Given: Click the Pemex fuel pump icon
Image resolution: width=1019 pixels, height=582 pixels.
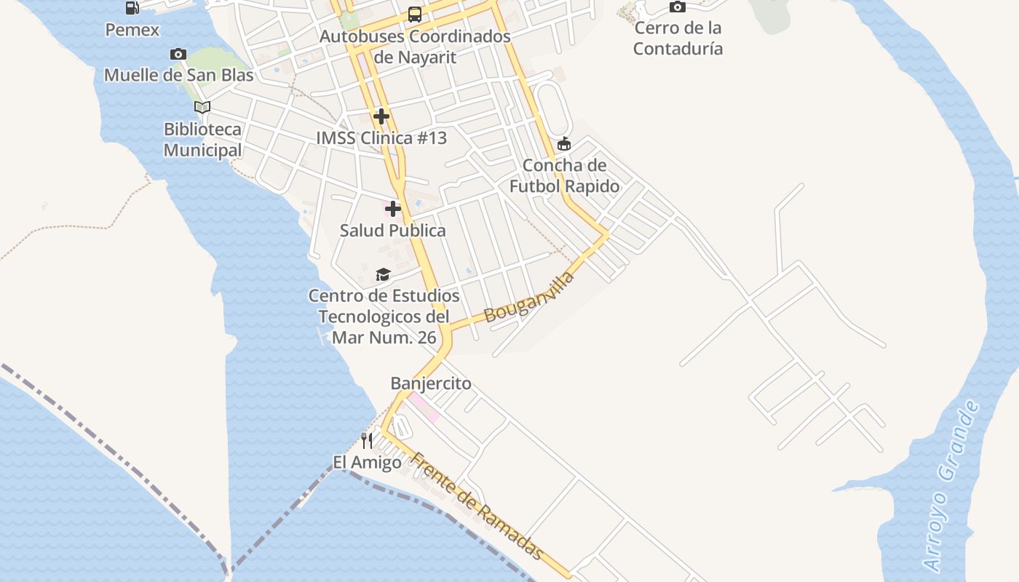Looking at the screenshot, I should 132,8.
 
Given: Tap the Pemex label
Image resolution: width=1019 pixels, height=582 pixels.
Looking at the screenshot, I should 132,30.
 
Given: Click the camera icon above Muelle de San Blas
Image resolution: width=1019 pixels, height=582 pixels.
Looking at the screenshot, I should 178,54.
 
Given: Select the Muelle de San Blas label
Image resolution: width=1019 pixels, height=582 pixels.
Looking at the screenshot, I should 179,75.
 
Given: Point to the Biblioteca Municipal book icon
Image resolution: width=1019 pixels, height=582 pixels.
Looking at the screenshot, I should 202,107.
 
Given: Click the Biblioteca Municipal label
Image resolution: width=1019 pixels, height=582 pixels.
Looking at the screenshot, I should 202,140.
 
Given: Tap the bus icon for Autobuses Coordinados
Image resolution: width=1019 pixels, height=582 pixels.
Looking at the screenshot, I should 414,15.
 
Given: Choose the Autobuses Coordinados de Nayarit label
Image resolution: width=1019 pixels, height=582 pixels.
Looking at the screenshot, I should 415,46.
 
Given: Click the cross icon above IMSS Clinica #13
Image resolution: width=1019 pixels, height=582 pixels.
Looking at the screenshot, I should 381,116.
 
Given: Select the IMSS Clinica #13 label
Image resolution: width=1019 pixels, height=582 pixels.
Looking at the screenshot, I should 381,138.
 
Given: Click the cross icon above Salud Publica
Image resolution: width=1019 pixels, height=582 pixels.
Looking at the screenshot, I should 393,210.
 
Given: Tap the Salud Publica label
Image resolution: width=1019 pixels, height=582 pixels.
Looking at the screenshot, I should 393,231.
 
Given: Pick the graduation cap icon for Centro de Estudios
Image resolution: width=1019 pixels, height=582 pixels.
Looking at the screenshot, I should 383,274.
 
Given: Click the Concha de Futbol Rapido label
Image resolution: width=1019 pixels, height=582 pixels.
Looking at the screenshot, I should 564,175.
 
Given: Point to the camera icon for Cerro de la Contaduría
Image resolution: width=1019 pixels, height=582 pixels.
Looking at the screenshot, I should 678,7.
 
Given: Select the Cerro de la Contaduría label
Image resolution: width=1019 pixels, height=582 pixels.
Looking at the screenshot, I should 678,39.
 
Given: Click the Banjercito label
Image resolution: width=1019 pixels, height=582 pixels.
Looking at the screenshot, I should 431,383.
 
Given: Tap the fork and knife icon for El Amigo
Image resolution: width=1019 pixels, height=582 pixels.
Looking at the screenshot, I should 367,440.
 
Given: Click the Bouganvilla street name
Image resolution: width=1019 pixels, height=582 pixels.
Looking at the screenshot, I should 529,297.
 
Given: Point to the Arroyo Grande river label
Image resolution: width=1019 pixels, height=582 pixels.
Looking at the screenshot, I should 952,486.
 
